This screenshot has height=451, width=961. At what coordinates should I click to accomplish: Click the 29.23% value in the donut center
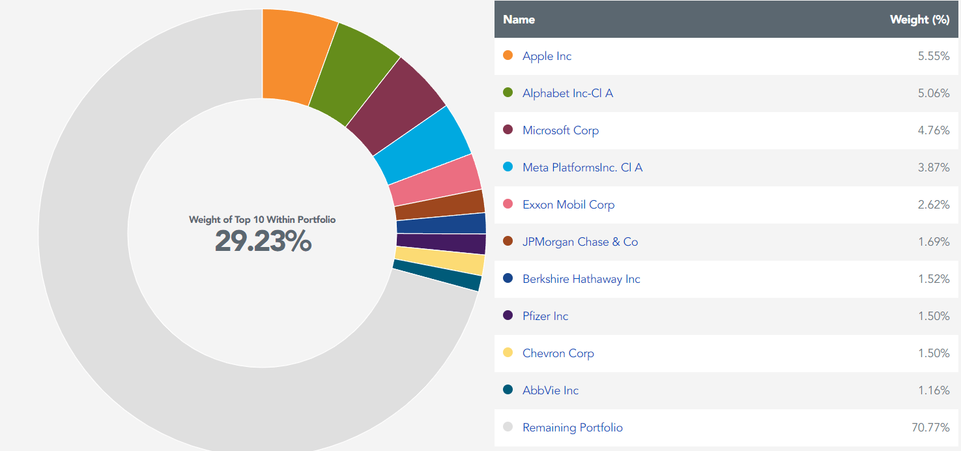[x=263, y=242]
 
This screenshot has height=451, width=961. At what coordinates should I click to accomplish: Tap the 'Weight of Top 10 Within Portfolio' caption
[x=263, y=220]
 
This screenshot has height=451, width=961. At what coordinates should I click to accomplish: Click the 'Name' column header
[x=519, y=20]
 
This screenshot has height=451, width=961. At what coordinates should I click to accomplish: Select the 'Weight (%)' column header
[x=919, y=20]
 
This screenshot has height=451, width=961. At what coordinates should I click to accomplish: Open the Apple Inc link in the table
[x=547, y=56]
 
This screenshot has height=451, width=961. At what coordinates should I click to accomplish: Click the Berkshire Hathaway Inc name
[x=581, y=279]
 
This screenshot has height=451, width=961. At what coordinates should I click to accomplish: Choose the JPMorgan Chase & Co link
[x=580, y=242]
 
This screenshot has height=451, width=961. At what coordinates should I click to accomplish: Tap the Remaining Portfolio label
[x=572, y=428]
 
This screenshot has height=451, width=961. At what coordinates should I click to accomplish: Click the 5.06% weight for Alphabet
[x=933, y=93]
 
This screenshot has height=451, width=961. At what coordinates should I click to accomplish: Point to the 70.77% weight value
[x=930, y=428]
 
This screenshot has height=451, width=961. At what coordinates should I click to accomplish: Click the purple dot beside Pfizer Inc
[x=508, y=315]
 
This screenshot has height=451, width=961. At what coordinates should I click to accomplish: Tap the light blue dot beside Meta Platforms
[x=508, y=167]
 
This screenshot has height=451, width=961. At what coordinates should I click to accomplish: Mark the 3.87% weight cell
[x=933, y=167]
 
